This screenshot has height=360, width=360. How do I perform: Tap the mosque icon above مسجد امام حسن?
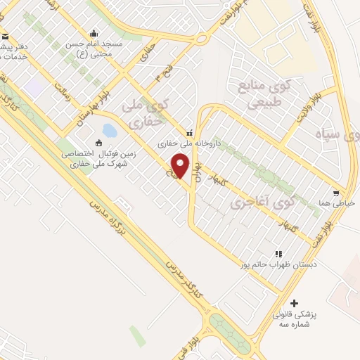(x=94, y=33)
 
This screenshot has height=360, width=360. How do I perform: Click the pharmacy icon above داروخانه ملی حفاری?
(x=188, y=133)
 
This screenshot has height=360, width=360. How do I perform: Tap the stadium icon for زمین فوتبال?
(x=98, y=143)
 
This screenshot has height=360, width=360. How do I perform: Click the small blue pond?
(x=109, y=131)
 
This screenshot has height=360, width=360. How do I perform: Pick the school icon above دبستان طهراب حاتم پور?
(x=278, y=254)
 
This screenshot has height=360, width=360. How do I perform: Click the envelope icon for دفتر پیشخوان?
(x=5, y=37)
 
